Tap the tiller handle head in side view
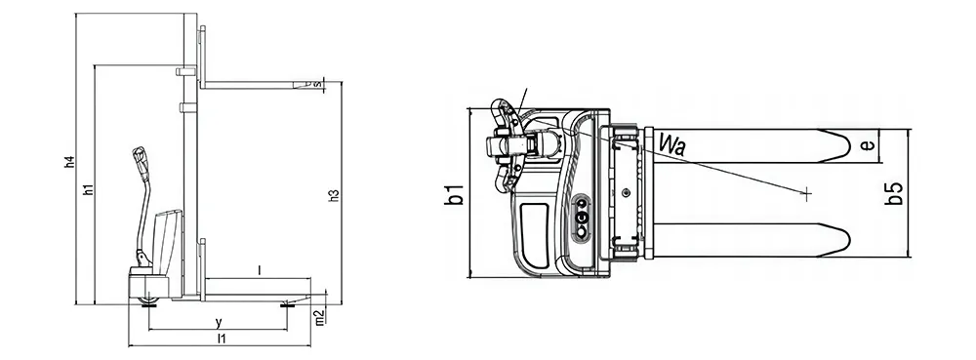[x=140, y=159]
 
